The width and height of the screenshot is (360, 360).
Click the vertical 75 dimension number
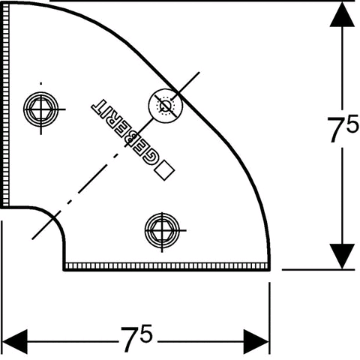tap(343, 128)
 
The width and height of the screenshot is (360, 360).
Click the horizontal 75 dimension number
tap(136, 338)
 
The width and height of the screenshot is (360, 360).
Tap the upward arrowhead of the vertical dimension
tap(342, 15)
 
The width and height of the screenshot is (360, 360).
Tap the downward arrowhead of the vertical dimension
tap(342, 256)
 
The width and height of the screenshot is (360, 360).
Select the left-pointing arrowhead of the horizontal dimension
tap(14, 341)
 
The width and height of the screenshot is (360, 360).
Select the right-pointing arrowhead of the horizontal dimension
tap(256, 341)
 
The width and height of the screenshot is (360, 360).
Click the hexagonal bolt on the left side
tap(41, 109)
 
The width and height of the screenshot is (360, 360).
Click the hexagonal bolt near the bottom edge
tap(162, 230)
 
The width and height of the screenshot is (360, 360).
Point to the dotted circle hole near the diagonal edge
tap(166, 106)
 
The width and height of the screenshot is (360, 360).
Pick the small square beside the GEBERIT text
tap(164, 170)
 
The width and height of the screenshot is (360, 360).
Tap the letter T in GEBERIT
tap(98, 106)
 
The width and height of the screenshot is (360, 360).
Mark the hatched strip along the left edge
tap(5, 106)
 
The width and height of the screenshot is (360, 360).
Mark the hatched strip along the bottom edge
tap(166, 266)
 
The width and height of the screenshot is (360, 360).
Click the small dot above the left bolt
tap(41, 83)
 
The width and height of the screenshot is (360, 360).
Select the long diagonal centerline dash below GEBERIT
tap(98, 173)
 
